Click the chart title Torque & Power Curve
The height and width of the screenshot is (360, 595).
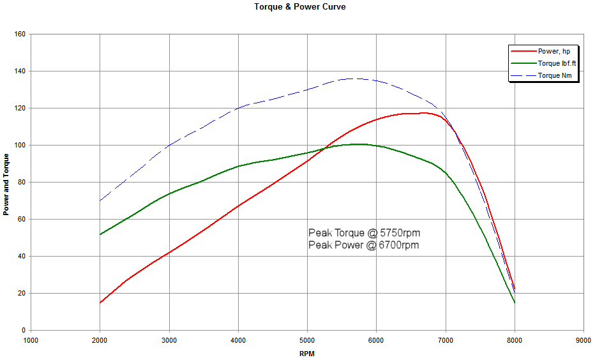pos(299,7)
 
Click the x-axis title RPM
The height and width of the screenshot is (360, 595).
pos(306,353)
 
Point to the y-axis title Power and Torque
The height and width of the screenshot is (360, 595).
pos(6,184)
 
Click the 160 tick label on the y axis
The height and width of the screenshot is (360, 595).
pos(19,34)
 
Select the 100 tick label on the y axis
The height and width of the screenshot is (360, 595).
pos(19,145)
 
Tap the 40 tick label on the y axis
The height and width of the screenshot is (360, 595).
pos(20,256)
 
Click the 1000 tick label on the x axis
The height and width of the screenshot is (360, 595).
pos(31,340)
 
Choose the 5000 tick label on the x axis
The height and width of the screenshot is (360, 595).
pos(307,340)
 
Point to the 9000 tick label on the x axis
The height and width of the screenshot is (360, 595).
pos(583,340)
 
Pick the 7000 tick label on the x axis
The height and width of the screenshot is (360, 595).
pos(445,340)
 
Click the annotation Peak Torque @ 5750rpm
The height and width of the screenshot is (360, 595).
pos(364,232)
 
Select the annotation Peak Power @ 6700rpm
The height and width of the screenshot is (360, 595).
pos(364,244)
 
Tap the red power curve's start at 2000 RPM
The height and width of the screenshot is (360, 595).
pos(100,303)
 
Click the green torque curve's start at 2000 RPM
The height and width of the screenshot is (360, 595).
pos(100,234)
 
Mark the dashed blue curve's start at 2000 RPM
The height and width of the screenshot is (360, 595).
pos(100,200)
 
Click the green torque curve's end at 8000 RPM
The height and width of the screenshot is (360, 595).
pos(515,303)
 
